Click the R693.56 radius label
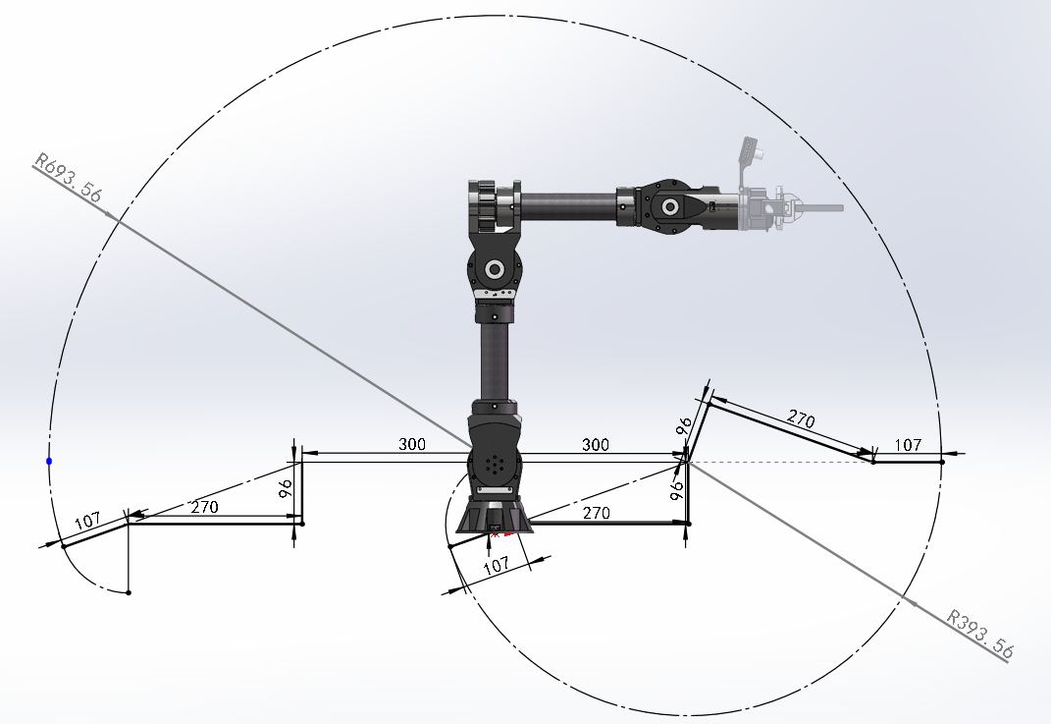point(69,177)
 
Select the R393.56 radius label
point(980,633)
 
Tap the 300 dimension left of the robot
point(411,443)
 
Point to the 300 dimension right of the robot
point(596,444)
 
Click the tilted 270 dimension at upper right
point(801,419)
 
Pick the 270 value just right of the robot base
point(596,514)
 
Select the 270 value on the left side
point(204,507)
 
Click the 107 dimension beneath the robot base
point(496,565)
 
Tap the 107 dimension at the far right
point(908,445)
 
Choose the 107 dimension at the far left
point(87,521)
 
